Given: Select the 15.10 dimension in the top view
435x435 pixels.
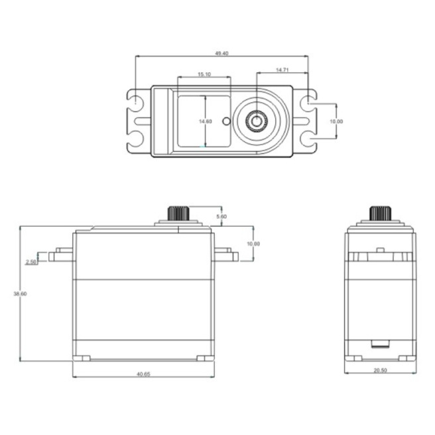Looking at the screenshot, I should pyautogui.click(x=204, y=75).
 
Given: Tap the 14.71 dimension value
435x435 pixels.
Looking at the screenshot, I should pyautogui.click(x=282, y=70).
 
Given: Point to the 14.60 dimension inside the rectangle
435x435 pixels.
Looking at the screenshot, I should pyautogui.click(x=206, y=121).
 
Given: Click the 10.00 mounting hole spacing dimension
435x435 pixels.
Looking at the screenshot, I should pyautogui.click(x=336, y=121).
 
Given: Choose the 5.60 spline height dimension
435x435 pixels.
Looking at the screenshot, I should pyautogui.click(x=221, y=217).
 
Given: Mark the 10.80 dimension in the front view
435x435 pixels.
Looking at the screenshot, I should pyautogui.click(x=253, y=244).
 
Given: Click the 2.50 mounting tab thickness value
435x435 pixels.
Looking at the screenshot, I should pyautogui.click(x=31, y=263).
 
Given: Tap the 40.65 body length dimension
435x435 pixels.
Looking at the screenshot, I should pyautogui.click(x=143, y=375).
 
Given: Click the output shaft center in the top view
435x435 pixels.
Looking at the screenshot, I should pyautogui.click(x=255, y=121).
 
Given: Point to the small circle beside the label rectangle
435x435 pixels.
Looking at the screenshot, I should pyautogui.click(x=226, y=121).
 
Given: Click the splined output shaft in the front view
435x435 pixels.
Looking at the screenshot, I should pyautogui.click(x=178, y=214).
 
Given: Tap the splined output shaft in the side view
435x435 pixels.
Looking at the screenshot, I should pyautogui.click(x=379, y=214).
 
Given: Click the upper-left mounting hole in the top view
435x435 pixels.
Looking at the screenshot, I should pyautogui.click(x=136, y=103).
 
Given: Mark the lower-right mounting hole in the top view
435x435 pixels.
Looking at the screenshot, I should pyautogui.click(x=308, y=139).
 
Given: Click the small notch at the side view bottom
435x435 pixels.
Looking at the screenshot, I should pyautogui.click(x=379, y=343).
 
